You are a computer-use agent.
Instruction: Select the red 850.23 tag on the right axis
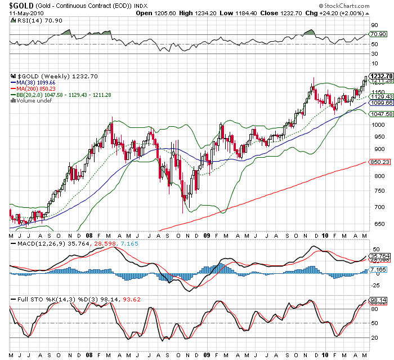[x=379, y=162]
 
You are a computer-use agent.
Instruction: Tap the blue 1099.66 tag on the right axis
[x=380, y=103]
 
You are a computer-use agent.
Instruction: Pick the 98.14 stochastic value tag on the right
[x=378, y=300]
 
